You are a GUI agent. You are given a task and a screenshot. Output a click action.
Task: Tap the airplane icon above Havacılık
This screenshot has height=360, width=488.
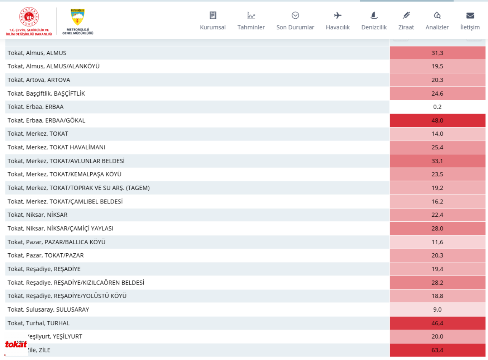(x=337, y=15)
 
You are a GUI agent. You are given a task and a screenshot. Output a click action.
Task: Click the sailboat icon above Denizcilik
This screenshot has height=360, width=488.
(x=374, y=15)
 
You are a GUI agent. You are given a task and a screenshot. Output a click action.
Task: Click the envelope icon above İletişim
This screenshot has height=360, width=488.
(x=470, y=15)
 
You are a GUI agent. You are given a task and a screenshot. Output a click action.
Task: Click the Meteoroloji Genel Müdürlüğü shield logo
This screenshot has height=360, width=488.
(x=77, y=17)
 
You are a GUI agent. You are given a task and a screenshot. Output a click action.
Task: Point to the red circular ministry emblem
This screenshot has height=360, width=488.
(x=29, y=17)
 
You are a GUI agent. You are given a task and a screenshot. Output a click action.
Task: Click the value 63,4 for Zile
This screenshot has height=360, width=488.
(x=437, y=350)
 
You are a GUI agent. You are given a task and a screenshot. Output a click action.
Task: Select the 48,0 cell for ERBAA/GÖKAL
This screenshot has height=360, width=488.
(x=437, y=120)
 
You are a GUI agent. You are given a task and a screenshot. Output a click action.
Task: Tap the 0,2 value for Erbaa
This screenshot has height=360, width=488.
(x=437, y=107)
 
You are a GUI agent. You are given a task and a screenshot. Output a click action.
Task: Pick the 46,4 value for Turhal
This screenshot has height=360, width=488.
(x=437, y=323)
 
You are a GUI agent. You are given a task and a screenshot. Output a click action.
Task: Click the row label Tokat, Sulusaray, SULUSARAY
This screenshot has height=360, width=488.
(x=48, y=309)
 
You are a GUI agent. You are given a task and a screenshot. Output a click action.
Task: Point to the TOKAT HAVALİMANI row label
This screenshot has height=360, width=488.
(x=56, y=147)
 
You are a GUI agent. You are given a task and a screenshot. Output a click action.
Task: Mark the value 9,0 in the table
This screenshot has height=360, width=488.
(x=437, y=309)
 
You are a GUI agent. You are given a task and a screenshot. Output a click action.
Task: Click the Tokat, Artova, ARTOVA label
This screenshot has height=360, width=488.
(x=39, y=80)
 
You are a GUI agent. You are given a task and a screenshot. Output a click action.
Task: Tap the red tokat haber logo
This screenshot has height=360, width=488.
(x=16, y=344)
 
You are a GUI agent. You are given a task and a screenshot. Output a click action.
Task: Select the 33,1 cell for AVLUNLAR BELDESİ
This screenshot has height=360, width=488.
(x=437, y=161)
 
